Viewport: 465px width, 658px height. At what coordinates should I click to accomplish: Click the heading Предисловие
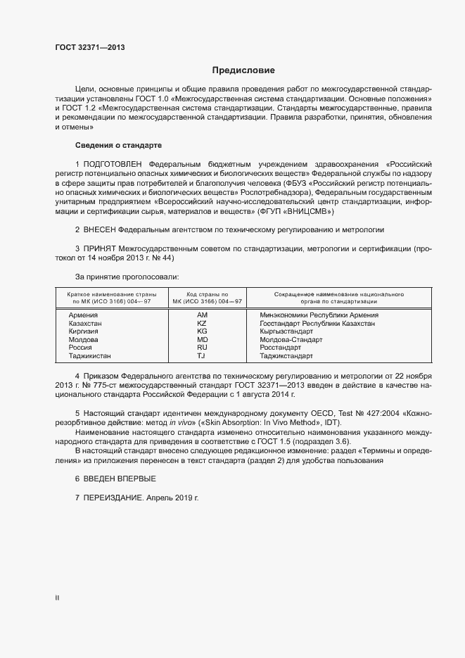[243, 70]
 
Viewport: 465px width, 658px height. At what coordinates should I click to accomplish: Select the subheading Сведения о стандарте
[118, 145]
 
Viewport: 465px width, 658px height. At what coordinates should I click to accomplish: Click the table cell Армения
[83, 315]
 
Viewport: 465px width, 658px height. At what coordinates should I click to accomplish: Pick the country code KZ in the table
[202, 323]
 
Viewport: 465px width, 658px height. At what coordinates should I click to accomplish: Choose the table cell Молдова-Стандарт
[291, 339]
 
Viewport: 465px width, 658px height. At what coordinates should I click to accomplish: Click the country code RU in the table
[202, 347]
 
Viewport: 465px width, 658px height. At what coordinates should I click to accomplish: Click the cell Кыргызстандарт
[289, 331]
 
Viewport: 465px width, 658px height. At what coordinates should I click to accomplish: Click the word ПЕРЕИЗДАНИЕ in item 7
[114, 498]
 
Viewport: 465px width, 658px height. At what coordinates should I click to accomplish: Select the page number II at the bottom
[57, 598]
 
